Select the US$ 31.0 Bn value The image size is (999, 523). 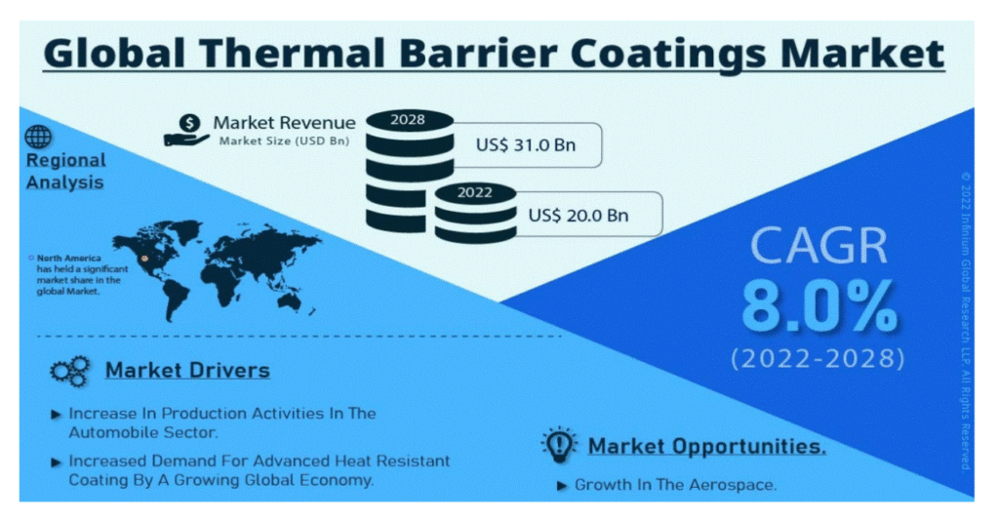(x=526, y=145)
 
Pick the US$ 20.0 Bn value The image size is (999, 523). (x=579, y=216)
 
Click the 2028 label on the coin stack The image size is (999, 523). (x=408, y=120)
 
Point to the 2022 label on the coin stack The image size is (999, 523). (x=475, y=192)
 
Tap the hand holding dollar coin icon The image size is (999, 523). (x=187, y=130)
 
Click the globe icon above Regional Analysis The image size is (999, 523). (x=38, y=137)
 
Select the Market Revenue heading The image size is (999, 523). (x=284, y=123)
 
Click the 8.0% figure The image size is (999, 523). (x=819, y=307)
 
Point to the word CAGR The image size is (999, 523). (x=819, y=245)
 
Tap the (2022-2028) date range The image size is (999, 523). (x=819, y=358)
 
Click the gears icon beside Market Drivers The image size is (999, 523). (x=70, y=371)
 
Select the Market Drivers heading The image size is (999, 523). (x=187, y=370)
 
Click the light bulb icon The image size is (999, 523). (x=559, y=445)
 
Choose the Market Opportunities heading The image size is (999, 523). (x=706, y=446)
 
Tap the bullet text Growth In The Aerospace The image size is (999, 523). (x=675, y=485)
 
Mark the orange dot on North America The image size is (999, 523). (x=145, y=259)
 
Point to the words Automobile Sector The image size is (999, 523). (x=143, y=432)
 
